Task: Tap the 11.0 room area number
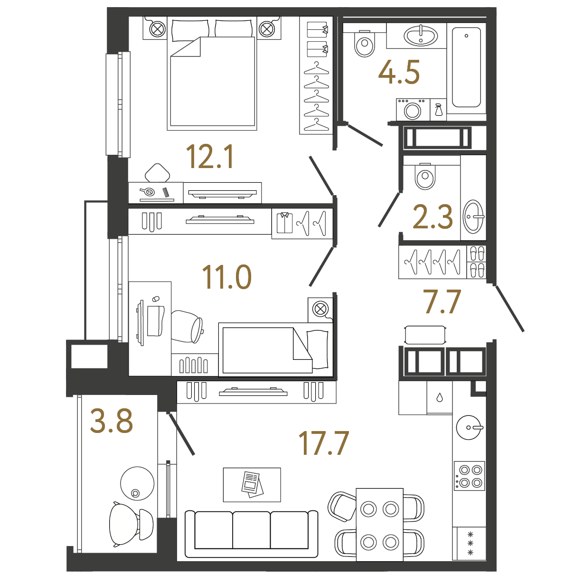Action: pyautogui.click(x=226, y=277)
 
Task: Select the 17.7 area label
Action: pyautogui.click(x=323, y=443)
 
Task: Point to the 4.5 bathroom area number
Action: pyautogui.click(x=399, y=72)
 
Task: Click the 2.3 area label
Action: pyautogui.click(x=433, y=216)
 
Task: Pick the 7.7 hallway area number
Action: pyautogui.click(x=442, y=301)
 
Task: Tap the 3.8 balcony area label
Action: pyautogui.click(x=112, y=421)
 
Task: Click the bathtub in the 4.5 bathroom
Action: pyautogui.click(x=466, y=67)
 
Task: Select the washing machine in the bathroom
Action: pyautogui.click(x=413, y=110)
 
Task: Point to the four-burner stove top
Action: pyautogui.click(x=469, y=476)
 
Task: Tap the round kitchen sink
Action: pyautogui.click(x=469, y=427)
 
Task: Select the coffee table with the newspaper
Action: pyautogui.click(x=252, y=485)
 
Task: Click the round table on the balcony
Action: pyautogui.click(x=137, y=483)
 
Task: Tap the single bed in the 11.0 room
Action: pyautogui.click(x=276, y=350)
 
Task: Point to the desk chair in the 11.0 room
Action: pyautogui.click(x=187, y=327)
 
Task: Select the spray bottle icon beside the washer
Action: pyautogui.click(x=438, y=110)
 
